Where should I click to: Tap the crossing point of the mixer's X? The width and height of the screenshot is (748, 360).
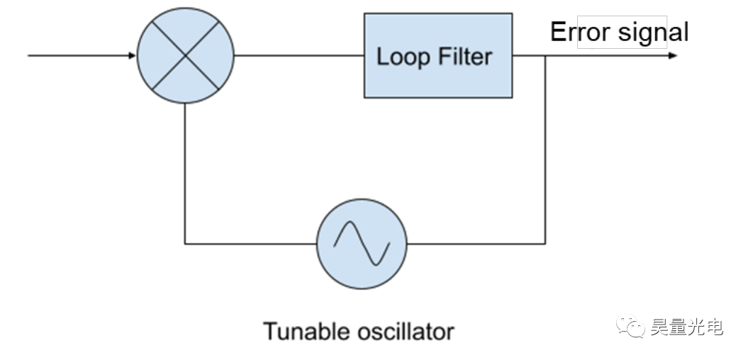(x=185, y=55)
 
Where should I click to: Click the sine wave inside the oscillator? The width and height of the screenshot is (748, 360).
(x=362, y=244)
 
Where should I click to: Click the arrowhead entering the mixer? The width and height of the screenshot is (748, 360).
(x=132, y=55)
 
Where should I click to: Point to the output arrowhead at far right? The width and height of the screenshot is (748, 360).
(x=671, y=55)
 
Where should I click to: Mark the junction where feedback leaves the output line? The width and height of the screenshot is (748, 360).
(x=545, y=55)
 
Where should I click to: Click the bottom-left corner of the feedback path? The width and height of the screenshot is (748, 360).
(x=185, y=243)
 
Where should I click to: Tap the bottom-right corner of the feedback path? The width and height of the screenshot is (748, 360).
(x=545, y=243)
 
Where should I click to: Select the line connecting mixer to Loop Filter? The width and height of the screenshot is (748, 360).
(x=298, y=55)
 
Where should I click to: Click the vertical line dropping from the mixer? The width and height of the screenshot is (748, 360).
(x=185, y=174)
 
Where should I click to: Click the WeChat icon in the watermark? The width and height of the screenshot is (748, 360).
(x=628, y=327)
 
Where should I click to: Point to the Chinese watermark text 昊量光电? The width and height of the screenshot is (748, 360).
(x=685, y=327)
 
